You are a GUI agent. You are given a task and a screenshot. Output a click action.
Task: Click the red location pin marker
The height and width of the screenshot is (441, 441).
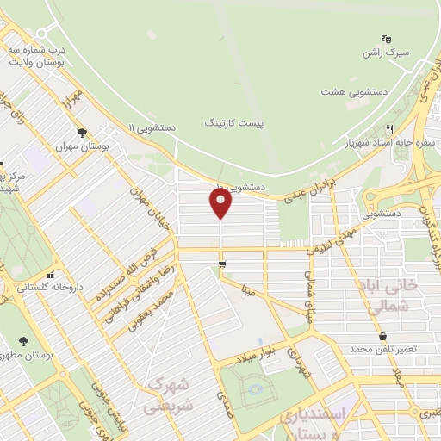click(220, 202)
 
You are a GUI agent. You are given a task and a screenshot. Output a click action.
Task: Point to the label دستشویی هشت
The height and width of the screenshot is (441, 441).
click(355, 90)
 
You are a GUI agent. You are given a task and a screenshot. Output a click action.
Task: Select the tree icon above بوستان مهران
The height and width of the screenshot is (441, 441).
click(81, 133)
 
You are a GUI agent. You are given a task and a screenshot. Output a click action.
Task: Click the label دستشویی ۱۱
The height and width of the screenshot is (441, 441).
click(152, 127)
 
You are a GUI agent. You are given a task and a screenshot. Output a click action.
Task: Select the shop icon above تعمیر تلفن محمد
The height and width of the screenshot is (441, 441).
click(382, 337)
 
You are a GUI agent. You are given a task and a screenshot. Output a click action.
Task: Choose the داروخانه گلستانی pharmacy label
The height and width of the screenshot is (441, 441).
click(35, 287)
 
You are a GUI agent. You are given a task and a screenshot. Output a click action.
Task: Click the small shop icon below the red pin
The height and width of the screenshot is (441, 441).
click(222, 264)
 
